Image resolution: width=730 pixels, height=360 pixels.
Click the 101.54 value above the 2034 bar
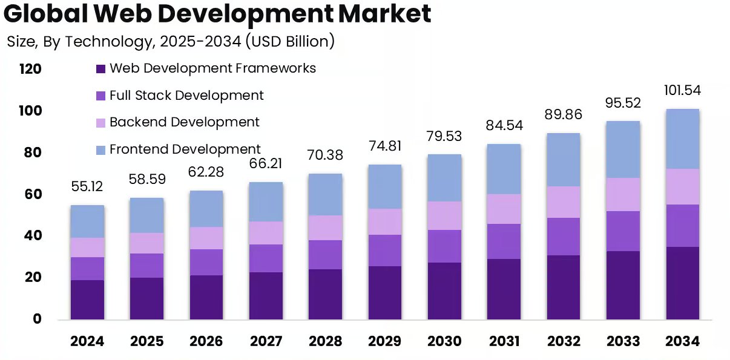point(682,91)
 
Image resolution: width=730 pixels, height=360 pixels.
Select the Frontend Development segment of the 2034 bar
point(682,139)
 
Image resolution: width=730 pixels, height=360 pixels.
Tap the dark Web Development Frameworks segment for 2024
point(87,299)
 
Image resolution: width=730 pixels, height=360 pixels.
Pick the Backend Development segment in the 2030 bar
point(444,215)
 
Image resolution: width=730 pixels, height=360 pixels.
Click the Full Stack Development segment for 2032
point(564,237)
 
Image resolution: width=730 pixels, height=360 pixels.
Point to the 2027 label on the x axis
point(266,341)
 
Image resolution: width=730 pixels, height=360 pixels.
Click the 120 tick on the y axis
point(30,70)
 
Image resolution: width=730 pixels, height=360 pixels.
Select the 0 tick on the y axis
point(37,319)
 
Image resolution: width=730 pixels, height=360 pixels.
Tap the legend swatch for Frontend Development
point(101,149)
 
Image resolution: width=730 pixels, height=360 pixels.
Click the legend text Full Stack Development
point(186,95)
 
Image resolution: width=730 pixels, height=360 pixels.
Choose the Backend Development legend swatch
point(101,123)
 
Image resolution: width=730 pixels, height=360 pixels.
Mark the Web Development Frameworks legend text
point(212,68)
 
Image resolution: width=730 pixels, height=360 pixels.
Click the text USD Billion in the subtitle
point(289,42)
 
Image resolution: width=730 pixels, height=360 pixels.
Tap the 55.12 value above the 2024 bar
point(87,187)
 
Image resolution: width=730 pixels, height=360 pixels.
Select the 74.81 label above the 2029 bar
point(385,146)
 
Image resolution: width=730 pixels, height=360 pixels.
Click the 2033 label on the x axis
point(623,341)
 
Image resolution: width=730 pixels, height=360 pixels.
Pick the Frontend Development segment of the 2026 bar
point(206,209)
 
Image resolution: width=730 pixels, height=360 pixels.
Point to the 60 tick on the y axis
point(30,194)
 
